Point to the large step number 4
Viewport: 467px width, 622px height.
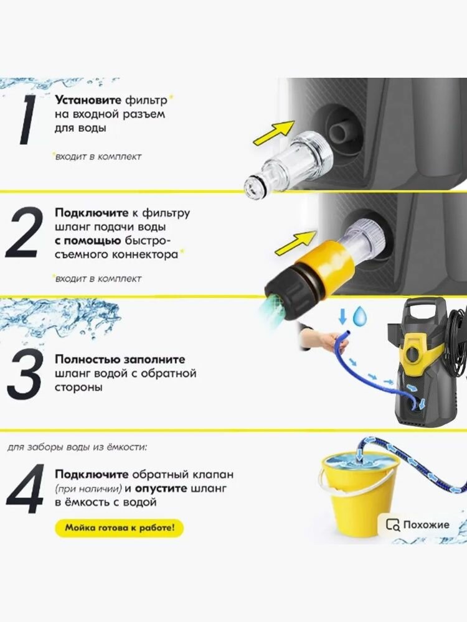(x=25, y=489)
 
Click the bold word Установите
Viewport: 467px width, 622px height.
(x=88, y=100)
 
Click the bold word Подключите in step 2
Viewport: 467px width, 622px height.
(x=92, y=213)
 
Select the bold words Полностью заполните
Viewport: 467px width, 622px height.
(x=120, y=360)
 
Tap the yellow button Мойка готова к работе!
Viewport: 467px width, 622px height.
(x=120, y=528)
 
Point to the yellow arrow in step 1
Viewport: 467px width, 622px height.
(x=275, y=133)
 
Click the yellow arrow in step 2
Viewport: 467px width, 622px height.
(x=296, y=243)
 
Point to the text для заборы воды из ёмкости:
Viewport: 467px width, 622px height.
(x=77, y=447)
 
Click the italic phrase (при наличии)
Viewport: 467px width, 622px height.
(x=88, y=489)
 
